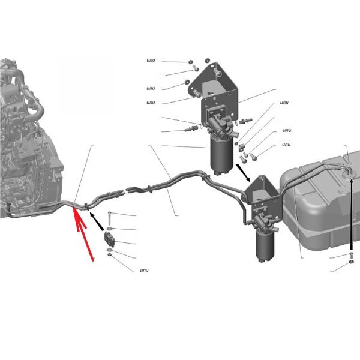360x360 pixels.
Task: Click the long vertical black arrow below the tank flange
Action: pyautogui.click(x=351, y=215)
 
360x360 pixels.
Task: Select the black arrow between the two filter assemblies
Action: pyautogui.click(x=243, y=172)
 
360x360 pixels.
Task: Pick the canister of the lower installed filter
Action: pyautogui.click(x=265, y=245)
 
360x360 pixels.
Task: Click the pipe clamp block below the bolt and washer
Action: pyautogui.click(x=110, y=239)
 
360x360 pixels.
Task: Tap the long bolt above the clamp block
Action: pyautogui.click(x=109, y=218)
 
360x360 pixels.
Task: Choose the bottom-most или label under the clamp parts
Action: pyautogui.click(x=144, y=271)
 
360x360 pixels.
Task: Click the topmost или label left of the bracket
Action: pyautogui.click(x=151, y=61)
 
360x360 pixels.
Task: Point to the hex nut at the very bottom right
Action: pyautogui.click(x=351, y=262)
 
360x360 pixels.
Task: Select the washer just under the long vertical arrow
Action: pyautogui.click(x=351, y=254)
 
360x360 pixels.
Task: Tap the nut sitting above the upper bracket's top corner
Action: pyautogui.click(x=207, y=60)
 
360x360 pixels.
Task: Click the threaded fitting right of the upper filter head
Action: pyautogui.click(x=245, y=121)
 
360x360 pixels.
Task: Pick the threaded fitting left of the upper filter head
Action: pyautogui.click(x=191, y=128)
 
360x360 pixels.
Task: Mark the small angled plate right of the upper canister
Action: pyautogui.click(x=241, y=147)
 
